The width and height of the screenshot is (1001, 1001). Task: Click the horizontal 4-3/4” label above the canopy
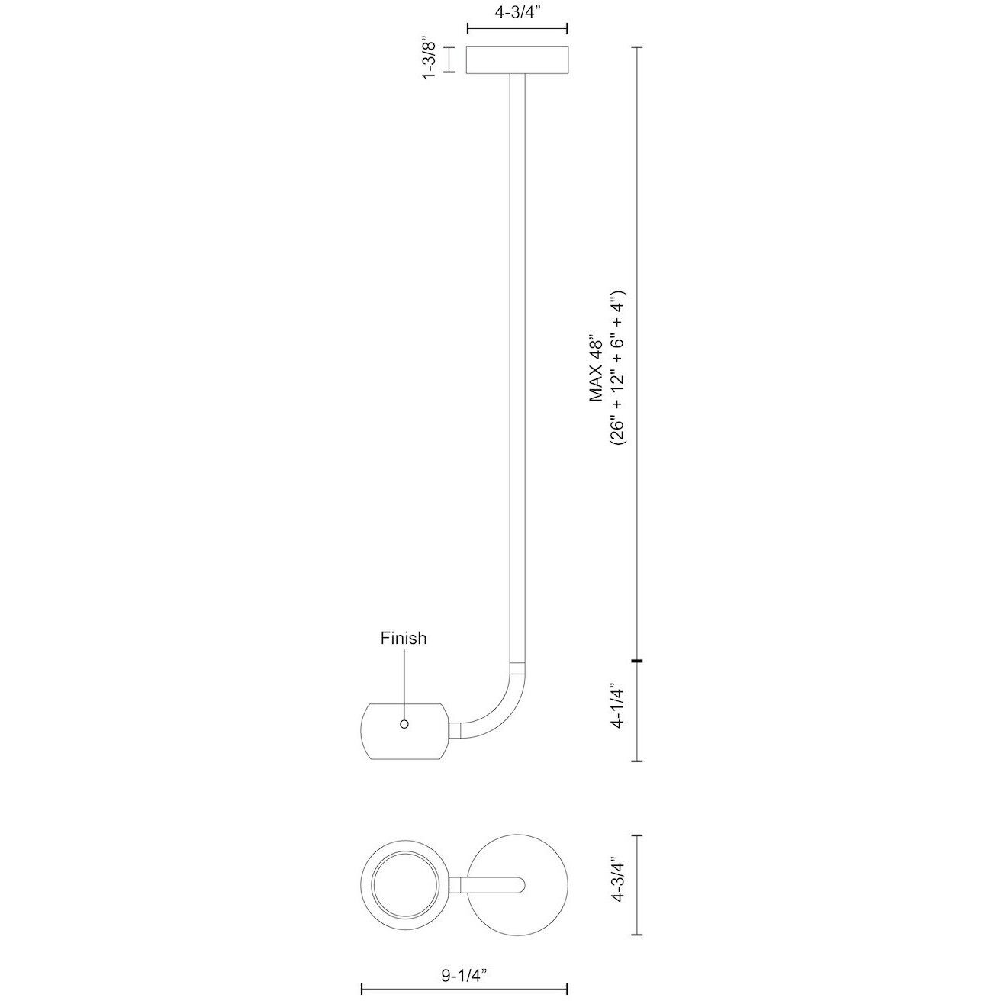pos(517,12)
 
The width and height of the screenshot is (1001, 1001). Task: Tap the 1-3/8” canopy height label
pos(430,58)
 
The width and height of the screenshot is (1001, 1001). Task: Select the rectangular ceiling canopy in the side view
pos(517,60)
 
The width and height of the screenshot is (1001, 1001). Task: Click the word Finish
pos(403,638)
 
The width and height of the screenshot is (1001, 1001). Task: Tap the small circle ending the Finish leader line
pos(404,724)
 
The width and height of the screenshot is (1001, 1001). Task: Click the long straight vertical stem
pos(517,368)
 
